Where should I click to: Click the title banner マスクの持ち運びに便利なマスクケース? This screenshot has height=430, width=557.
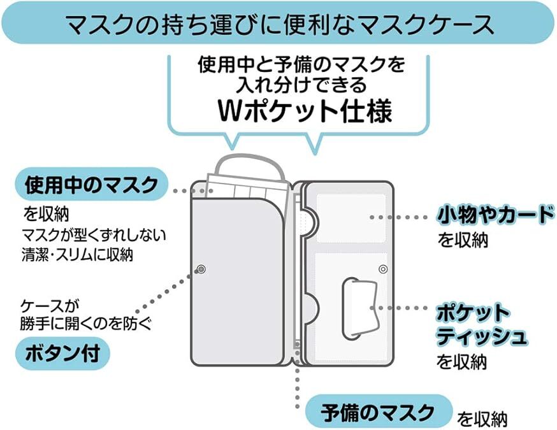point(278,25)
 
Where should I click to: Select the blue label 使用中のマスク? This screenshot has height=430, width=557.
point(91,185)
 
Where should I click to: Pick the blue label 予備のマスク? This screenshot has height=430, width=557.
point(378,410)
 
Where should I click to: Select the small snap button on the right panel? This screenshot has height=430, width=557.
point(382,269)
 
